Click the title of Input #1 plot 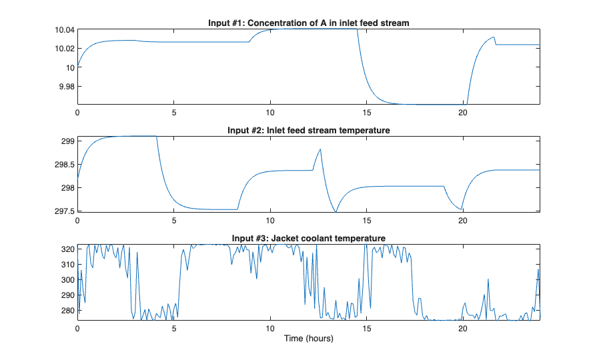click(x=308, y=23)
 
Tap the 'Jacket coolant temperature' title click(x=308, y=238)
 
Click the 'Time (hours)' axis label click(x=308, y=339)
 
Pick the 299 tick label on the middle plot click(x=68, y=141)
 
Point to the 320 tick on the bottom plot click(x=68, y=249)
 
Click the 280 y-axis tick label click(x=68, y=310)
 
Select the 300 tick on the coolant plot click(x=68, y=279)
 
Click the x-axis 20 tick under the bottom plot click(x=462, y=329)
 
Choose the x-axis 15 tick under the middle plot click(x=366, y=220)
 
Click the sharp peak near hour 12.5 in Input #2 click(x=321, y=149)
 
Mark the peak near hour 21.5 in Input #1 click(x=494, y=37)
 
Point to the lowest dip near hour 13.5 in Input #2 click(x=336, y=211)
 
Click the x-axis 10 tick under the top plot click(x=270, y=113)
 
